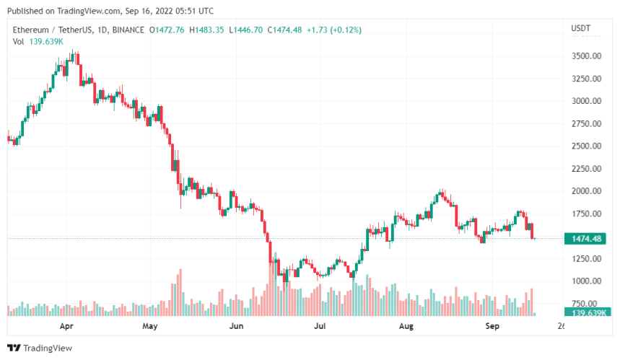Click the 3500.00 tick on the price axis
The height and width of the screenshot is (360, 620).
[586, 56]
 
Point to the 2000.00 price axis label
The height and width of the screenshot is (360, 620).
[586, 191]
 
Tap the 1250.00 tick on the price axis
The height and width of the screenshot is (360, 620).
[586, 259]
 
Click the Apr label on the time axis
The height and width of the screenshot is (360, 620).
[66, 326]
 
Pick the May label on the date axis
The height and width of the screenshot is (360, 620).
[150, 326]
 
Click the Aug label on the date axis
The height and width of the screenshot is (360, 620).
[406, 326]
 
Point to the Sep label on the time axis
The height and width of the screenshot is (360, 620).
[492, 326]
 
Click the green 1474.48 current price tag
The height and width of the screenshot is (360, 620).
[586, 239]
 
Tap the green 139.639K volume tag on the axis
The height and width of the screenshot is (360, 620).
[586, 312]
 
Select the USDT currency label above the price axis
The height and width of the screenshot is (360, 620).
[580, 28]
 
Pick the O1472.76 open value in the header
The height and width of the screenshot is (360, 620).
[167, 30]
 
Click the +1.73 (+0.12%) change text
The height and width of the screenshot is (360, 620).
[333, 30]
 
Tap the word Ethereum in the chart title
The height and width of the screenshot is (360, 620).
[31, 30]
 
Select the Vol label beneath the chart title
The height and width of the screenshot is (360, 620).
[19, 41]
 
